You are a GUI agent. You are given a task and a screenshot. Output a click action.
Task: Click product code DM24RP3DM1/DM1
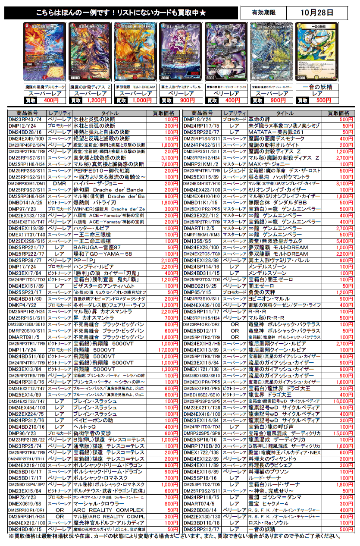click(x=27, y=183)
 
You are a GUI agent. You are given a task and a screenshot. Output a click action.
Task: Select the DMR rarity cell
click(x=59, y=183)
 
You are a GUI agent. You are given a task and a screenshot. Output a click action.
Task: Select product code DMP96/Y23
click(x=27, y=433)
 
